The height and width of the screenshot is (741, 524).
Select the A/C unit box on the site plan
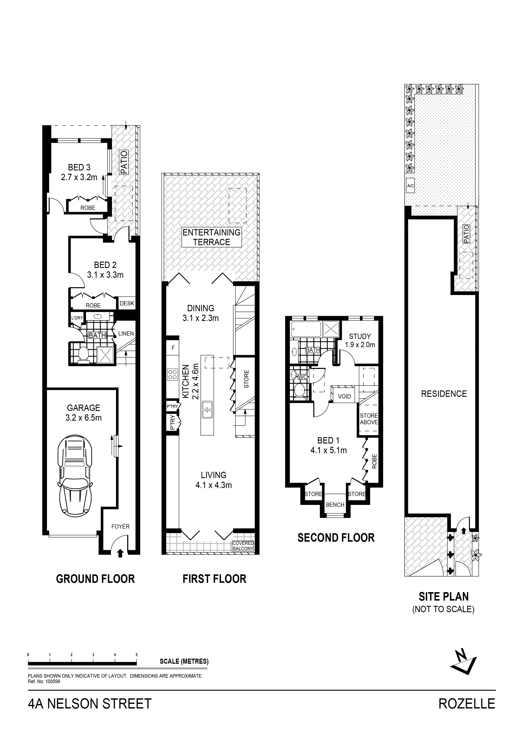tap(410, 186)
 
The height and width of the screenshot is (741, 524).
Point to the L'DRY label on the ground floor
tap(77, 318)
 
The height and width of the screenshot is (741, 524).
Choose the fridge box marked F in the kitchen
tap(173, 348)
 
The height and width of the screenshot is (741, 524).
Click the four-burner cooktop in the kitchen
tap(172, 374)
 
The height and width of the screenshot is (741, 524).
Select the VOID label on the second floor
tap(344, 396)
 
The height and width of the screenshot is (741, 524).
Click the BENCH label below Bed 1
tap(335, 505)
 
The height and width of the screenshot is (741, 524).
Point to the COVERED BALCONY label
tap(243, 546)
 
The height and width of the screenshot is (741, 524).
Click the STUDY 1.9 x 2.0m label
tap(360, 340)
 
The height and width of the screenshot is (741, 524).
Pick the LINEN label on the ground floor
tap(126, 333)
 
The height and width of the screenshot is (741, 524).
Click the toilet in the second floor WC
tap(300, 390)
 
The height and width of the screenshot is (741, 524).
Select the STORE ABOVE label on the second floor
tap(369, 419)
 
